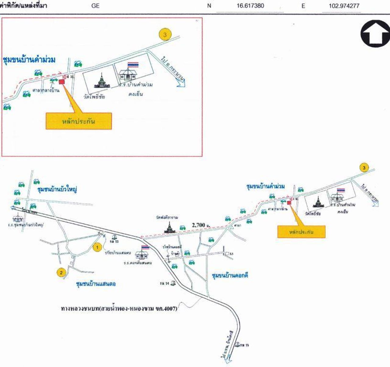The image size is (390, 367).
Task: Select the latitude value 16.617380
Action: (x=250, y=5)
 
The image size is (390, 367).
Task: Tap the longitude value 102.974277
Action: (x=344, y=5)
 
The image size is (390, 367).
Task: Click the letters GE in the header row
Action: (x=95, y=5)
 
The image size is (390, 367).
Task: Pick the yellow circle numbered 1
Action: (x=97, y=247)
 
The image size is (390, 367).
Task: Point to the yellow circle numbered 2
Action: (x=61, y=272)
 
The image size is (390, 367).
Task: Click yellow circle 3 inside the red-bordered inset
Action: (x=165, y=34)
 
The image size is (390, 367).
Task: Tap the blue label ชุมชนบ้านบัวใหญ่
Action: (x=57, y=189)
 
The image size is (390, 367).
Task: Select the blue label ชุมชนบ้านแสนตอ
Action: (x=96, y=284)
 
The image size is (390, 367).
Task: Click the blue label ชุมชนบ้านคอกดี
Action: (x=230, y=275)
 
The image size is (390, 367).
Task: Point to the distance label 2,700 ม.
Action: (x=201, y=225)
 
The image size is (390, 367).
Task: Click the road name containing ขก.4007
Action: (x=119, y=309)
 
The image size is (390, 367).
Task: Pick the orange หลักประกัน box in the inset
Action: (x=79, y=121)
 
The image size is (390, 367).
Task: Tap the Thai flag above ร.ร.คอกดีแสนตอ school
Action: (x=145, y=248)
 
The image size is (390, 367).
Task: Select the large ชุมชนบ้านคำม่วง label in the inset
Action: (x=29, y=60)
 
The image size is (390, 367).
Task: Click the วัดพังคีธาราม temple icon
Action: (x=168, y=227)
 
